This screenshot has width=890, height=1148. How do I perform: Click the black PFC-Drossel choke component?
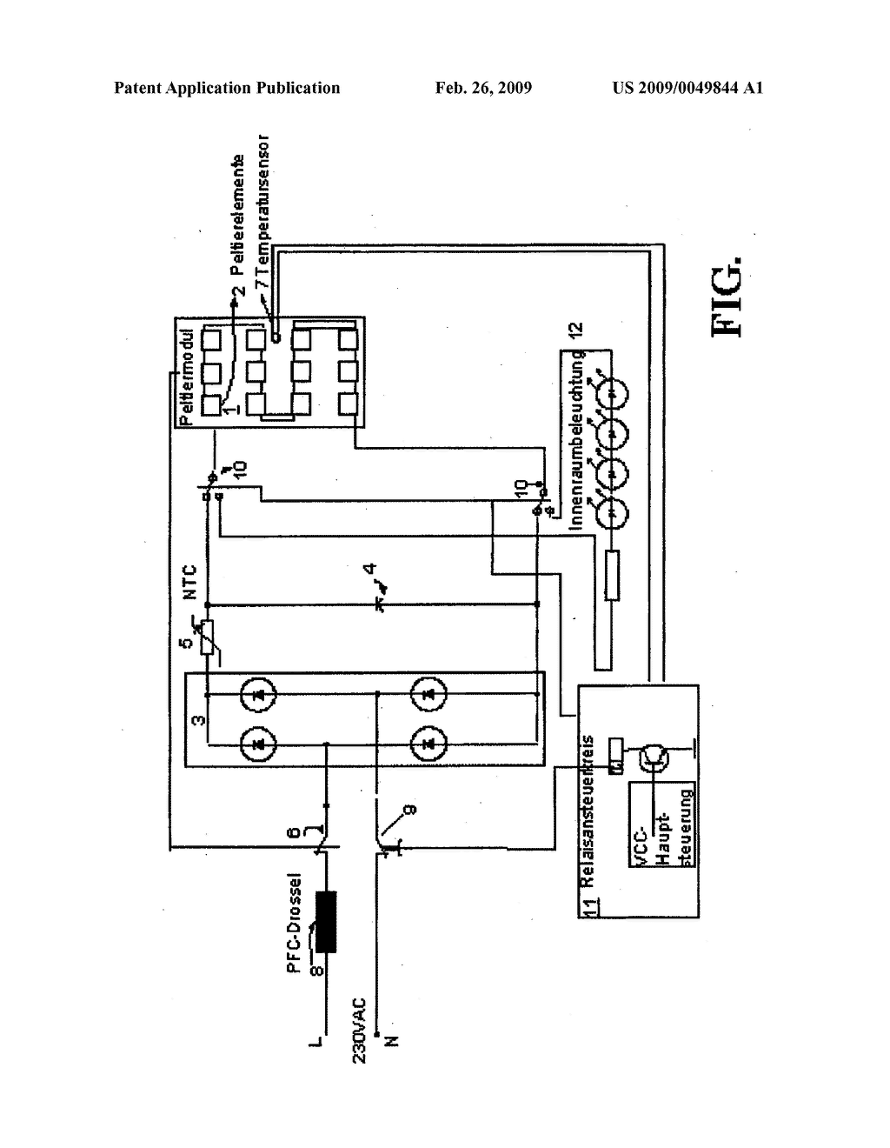pyautogui.click(x=329, y=923)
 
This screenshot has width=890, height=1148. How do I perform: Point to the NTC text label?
pyautogui.click(x=190, y=583)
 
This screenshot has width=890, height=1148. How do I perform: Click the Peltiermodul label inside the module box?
pyautogui.click(x=183, y=372)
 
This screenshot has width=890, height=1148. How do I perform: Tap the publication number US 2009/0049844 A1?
pyautogui.click(x=687, y=88)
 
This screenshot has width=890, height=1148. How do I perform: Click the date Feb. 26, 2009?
pyautogui.click(x=483, y=88)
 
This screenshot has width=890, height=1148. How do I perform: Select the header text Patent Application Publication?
pyautogui.click(x=227, y=88)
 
